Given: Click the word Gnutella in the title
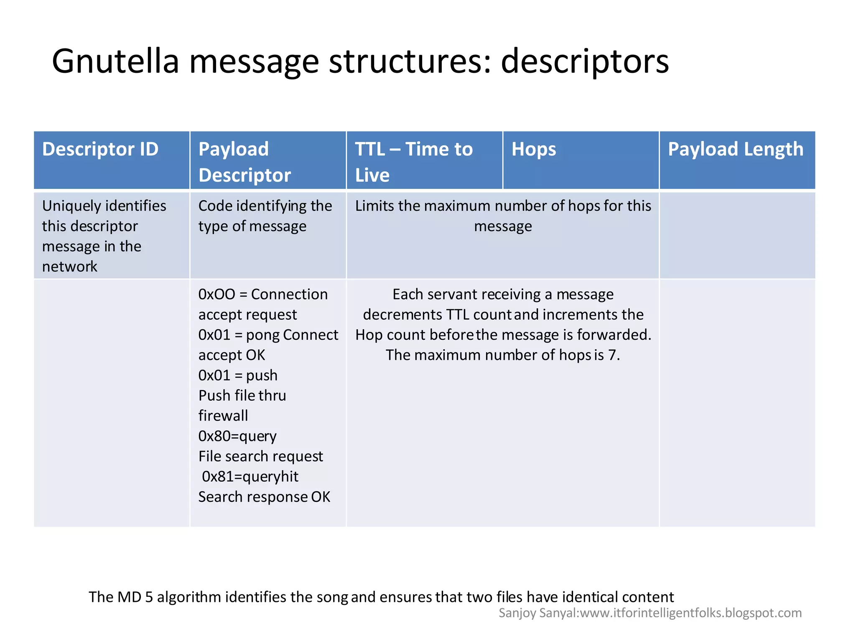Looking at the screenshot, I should point(115,61).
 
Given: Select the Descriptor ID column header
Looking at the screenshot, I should point(100,149).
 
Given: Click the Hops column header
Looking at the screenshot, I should point(534,149).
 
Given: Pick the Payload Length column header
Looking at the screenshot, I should point(735,149).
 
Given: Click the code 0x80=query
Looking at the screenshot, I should point(237,436).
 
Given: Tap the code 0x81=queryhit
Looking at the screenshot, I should point(250,476).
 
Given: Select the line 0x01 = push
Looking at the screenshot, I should point(238,375).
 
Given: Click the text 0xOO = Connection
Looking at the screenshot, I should point(263,294).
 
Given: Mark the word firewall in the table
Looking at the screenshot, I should point(223,416).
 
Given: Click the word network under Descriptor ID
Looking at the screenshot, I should point(69,266).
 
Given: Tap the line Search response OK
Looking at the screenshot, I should point(264,497).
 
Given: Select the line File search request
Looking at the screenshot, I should point(260,456).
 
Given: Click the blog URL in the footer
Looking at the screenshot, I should point(691,613).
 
